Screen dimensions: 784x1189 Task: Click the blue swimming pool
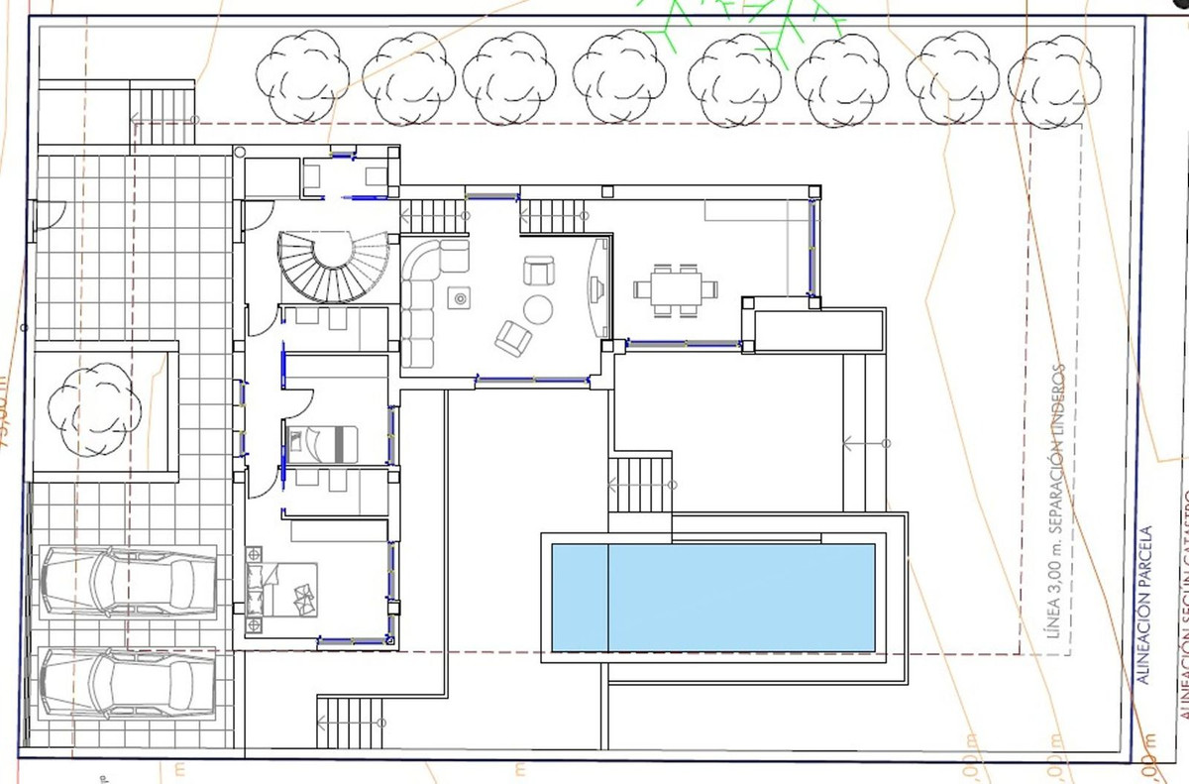click(712, 597)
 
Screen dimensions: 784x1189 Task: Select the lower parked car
click(128, 683)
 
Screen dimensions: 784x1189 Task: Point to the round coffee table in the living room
click(538, 309)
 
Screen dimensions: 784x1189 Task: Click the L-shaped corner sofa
click(426, 297)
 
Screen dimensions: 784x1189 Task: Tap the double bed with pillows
click(287, 588)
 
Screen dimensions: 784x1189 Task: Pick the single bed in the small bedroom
click(322, 440)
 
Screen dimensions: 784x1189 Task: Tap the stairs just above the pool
click(640, 483)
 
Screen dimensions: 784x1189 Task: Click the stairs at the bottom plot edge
click(349, 724)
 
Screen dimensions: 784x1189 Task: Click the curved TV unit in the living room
click(596, 287)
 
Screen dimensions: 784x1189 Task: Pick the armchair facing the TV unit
click(539, 270)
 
